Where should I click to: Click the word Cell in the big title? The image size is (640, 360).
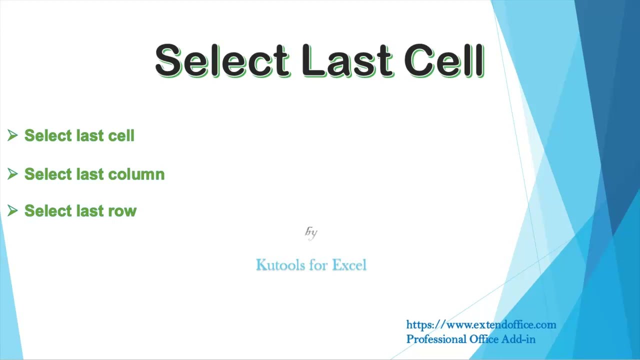(x=444, y=60)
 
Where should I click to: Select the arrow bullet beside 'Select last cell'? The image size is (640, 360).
(x=12, y=135)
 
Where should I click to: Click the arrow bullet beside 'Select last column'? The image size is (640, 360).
(x=12, y=174)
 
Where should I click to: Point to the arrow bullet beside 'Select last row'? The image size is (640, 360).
(x=12, y=211)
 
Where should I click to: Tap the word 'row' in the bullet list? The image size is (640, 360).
(x=124, y=211)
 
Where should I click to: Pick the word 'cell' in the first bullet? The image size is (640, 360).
(x=121, y=135)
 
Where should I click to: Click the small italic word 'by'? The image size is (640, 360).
(x=311, y=232)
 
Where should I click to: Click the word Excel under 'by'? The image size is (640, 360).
(x=349, y=265)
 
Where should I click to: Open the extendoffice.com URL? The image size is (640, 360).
(x=481, y=325)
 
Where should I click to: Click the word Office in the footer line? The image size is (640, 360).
(x=484, y=339)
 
